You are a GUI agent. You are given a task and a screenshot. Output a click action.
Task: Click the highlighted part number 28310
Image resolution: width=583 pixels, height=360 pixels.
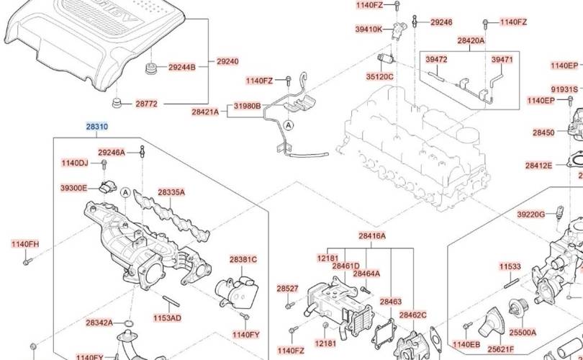click(97, 127)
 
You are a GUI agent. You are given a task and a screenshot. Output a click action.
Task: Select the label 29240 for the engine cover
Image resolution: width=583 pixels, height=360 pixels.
click(227, 62)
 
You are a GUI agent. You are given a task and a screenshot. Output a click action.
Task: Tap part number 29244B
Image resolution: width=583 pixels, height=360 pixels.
click(182, 67)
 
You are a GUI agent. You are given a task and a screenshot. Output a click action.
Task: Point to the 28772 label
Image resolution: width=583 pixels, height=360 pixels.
click(146, 104)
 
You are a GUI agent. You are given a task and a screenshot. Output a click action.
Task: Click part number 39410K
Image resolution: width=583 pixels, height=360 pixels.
click(369, 29)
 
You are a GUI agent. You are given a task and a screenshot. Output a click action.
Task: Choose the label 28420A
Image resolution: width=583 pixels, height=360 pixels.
click(471, 41)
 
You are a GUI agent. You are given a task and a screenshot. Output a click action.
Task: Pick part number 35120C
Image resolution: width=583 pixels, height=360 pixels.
click(379, 75)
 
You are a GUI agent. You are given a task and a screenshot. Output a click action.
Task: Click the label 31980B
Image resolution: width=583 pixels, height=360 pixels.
click(247, 107)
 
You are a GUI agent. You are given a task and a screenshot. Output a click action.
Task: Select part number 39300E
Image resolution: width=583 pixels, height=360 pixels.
click(73, 188)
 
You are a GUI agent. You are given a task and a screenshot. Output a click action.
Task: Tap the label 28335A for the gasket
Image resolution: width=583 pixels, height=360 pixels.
click(171, 192)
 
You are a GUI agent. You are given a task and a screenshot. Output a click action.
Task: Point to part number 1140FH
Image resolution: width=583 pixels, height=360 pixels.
click(25, 244)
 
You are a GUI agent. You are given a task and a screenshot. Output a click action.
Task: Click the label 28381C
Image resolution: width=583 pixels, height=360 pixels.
click(243, 259)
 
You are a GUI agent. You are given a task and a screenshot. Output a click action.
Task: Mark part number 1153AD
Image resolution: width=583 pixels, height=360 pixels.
click(167, 318)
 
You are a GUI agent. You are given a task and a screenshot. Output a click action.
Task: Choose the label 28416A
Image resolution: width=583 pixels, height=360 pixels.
click(372, 235)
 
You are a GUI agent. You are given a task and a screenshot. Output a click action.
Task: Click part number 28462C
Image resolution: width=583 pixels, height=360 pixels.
click(413, 315)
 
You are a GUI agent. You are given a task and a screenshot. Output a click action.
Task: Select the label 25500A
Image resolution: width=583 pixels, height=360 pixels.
click(523, 333)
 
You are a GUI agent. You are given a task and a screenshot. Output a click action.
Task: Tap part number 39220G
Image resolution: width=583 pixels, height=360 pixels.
click(531, 215)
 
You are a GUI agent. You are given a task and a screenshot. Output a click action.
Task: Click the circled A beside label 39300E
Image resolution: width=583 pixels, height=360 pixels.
click(125, 192)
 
